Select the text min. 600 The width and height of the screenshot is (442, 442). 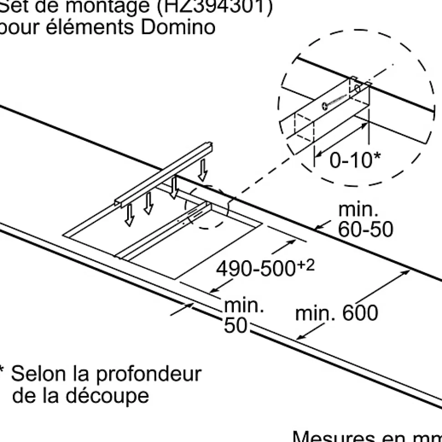tap(337, 314)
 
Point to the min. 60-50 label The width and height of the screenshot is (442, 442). tap(365, 220)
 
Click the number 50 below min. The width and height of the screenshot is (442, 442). tap(235, 325)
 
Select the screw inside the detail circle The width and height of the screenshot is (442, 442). tap(337, 101)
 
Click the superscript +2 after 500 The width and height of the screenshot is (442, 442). tap(306, 264)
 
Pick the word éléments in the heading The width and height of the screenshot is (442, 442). tap(91, 27)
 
